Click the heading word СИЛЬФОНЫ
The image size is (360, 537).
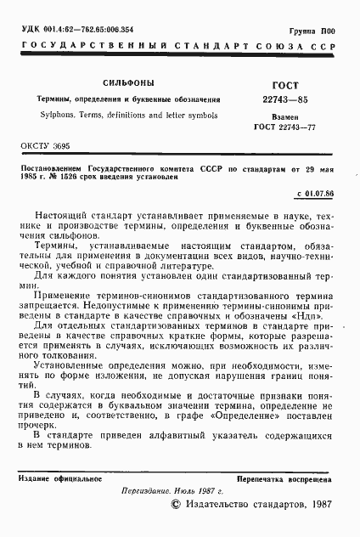point(127,84)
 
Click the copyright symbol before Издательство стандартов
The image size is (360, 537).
point(176,505)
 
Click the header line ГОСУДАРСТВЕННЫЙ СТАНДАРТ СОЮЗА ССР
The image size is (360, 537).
point(179,43)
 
